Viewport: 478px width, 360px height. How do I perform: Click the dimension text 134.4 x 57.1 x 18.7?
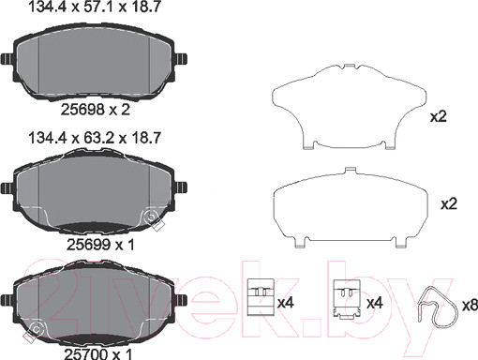(x=95, y=7)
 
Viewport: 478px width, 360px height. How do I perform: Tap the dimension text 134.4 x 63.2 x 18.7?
(x=95, y=138)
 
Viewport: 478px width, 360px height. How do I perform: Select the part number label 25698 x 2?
(x=95, y=110)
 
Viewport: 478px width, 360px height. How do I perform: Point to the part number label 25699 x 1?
(x=100, y=245)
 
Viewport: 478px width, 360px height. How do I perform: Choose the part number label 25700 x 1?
(x=98, y=354)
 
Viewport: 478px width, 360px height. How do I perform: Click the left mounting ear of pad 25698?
(x=7, y=59)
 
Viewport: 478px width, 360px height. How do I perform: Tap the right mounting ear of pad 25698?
(x=181, y=59)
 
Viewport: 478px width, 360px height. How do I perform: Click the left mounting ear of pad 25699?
(x=7, y=187)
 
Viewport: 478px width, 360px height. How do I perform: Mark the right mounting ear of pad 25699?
(x=181, y=187)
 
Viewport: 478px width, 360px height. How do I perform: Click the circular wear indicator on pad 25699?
(x=152, y=217)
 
